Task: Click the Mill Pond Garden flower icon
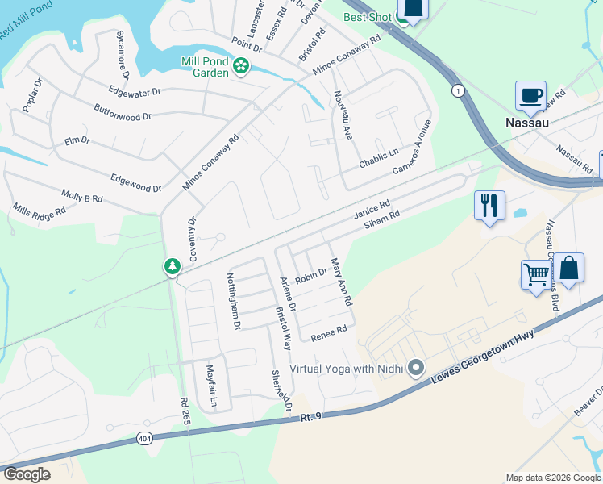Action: click(241, 66)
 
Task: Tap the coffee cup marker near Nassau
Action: click(530, 96)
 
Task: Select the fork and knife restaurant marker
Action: click(489, 205)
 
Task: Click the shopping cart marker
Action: click(536, 274)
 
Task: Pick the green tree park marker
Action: click(172, 265)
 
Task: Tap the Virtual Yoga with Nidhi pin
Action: click(416, 369)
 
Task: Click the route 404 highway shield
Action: click(144, 438)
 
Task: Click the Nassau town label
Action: click(526, 123)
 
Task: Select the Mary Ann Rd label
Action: click(341, 282)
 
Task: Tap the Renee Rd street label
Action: click(329, 331)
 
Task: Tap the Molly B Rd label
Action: click(82, 196)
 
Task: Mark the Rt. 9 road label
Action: click(311, 417)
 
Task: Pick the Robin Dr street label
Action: click(310, 277)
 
